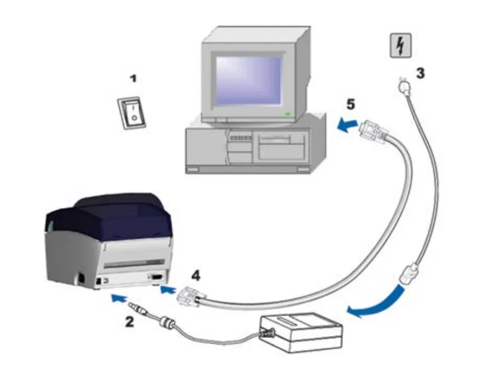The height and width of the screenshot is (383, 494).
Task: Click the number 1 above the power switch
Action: click(133, 79)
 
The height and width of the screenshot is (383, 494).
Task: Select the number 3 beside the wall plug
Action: click(420, 73)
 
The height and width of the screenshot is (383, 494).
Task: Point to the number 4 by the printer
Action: click(195, 276)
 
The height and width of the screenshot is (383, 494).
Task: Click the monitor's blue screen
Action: click(248, 79)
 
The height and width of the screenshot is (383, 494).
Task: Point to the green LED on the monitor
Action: click(288, 114)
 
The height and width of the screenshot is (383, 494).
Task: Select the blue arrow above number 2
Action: click(118, 299)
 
